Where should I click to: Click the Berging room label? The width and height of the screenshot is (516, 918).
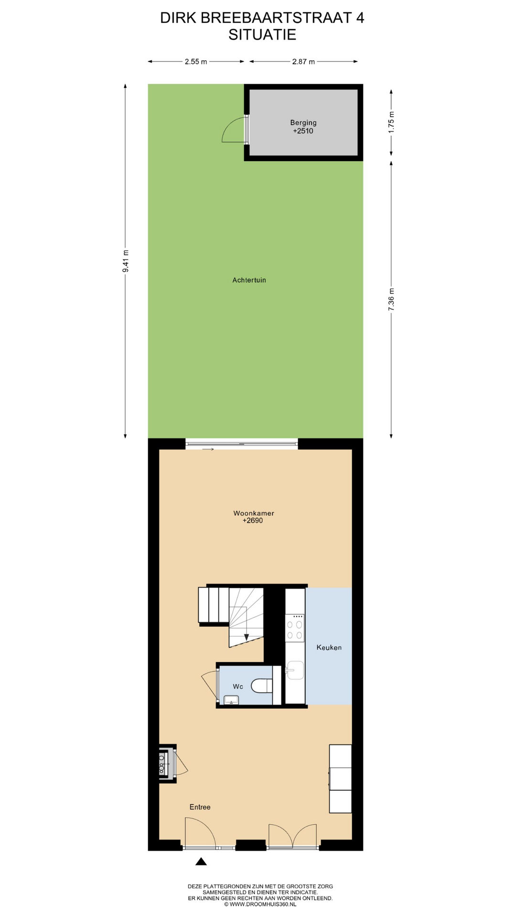(303, 123)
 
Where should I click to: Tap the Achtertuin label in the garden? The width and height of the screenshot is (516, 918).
(249, 280)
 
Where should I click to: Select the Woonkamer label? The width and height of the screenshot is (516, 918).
(254, 513)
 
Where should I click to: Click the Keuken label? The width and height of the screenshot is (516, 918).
(329, 647)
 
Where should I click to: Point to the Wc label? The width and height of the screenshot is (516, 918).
(238, 687)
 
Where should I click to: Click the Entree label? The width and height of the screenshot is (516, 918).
(200, 807)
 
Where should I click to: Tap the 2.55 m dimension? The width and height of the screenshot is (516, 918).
(196, 62)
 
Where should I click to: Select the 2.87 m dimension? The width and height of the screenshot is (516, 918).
(303, 62)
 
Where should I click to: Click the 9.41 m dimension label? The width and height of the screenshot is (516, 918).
(126, 261)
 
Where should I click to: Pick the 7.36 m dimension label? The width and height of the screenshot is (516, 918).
(391, 300)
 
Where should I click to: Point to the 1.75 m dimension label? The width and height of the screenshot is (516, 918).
(391, 122)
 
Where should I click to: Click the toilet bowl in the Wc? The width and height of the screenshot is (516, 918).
(261, 686)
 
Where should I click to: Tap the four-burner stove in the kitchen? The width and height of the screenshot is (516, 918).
(294, 628)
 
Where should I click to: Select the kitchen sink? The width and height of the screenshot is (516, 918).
(295, 670)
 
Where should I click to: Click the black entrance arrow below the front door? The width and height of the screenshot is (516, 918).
(201, 862)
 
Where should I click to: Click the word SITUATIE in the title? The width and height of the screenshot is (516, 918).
(262, 34)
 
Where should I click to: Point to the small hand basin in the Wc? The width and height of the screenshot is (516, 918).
(232, 700)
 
